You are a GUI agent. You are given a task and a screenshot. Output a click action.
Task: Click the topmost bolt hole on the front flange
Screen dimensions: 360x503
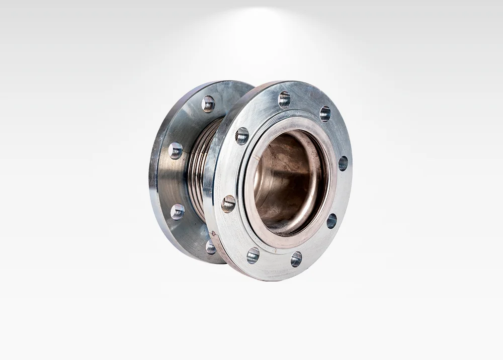click(284, 100)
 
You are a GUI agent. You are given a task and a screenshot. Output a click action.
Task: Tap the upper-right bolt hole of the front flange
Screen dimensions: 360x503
click(325, 114)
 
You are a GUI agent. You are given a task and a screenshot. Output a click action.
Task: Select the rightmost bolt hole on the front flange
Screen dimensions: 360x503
click(343, 163)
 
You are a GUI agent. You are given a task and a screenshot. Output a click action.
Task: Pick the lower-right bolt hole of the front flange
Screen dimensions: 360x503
click(331, 221)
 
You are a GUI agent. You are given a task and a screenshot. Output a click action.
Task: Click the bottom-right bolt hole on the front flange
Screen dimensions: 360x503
click(296, 259)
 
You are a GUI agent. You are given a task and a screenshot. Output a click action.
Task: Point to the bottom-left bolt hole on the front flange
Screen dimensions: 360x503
click(253, 255)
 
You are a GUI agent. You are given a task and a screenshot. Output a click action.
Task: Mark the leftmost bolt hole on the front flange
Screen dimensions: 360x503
click(228, 204)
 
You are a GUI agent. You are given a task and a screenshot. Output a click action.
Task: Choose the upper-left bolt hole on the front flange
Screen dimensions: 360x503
click(242, 136)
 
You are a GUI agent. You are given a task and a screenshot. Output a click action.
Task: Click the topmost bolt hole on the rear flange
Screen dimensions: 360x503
click(208, 104)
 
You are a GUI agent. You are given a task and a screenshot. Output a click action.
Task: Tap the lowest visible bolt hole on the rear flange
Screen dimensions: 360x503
click(211, 246)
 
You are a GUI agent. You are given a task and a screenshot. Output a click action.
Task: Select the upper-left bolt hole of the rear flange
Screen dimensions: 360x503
click(176, 150)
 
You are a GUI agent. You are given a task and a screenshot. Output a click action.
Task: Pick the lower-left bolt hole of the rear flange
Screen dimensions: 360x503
click(178, 212)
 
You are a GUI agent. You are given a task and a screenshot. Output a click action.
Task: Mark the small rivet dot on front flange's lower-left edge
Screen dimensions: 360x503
click(213, 233)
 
